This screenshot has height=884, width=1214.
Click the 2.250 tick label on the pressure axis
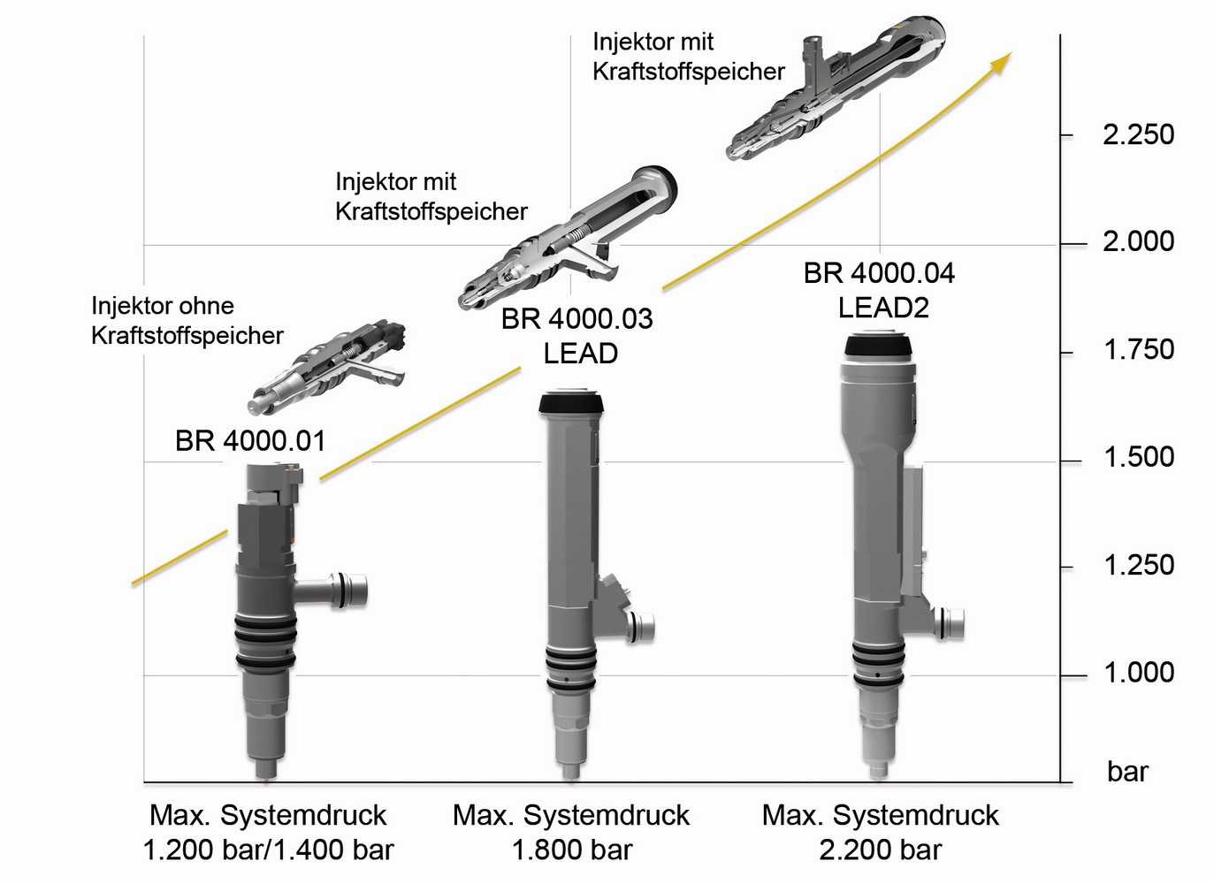point(1138,134)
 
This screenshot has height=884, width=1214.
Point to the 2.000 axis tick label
point(1138,241)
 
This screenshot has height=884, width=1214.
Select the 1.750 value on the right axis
point(1138,350)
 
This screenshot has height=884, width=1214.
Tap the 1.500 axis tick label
point(1138,457)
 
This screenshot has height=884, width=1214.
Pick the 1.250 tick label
point(1138,565)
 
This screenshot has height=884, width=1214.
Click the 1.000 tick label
point(1138,673)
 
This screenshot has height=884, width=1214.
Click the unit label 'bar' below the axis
point(1127,772)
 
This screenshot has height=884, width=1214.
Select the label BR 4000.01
point(250,440)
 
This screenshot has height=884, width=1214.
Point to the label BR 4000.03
point(576,318)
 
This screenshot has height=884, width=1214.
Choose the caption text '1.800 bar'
point(572,850)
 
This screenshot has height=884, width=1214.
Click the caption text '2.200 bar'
point(881,850)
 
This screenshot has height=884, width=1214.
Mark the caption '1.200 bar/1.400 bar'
point(268,850)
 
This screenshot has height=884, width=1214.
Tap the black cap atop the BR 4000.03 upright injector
point(571,403)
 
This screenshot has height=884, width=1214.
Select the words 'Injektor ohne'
point(163,306)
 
